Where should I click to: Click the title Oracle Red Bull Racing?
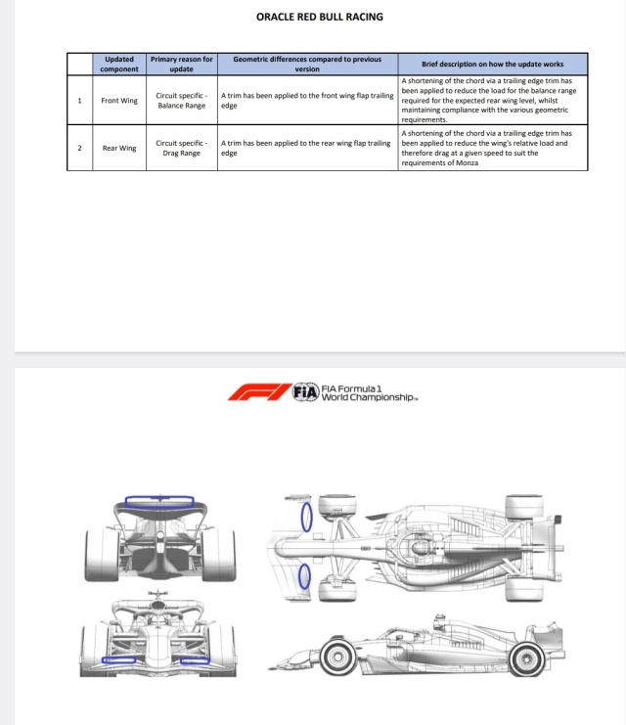320,17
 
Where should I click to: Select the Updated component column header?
119,64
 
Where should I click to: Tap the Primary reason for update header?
181,64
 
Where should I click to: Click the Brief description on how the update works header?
492,64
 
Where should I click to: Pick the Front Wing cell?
119,101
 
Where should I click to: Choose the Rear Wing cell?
119,148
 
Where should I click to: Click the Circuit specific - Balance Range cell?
181,101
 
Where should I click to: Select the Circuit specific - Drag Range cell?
181,148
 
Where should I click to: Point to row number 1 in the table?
79,101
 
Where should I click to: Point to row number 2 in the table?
79,148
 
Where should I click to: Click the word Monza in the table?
467,162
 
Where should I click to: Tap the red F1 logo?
259,392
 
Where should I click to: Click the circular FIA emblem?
306,392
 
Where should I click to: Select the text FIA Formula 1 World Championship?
369,393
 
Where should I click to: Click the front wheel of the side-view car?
338,657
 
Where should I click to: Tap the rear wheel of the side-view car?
526,657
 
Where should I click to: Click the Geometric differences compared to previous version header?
307,64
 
